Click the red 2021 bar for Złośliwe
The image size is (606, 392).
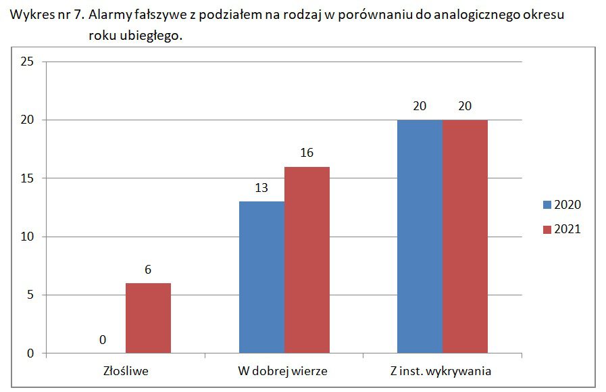tap(148, 318)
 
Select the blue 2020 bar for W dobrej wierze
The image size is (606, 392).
tap(261, 277)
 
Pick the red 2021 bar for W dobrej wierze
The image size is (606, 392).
tap(307, 260)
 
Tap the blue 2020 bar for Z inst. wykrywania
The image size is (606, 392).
tap(420, 237)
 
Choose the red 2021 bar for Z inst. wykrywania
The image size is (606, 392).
tap(465, 237)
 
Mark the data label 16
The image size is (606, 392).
tap(307, 153)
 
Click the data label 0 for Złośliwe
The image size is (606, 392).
tap(103, 340)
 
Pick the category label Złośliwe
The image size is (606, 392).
tap(126, 371)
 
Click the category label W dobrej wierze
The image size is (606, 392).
tap(284, 371)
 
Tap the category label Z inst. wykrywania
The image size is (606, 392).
tap(443, 371)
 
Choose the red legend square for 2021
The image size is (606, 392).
tap(547, 230)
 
